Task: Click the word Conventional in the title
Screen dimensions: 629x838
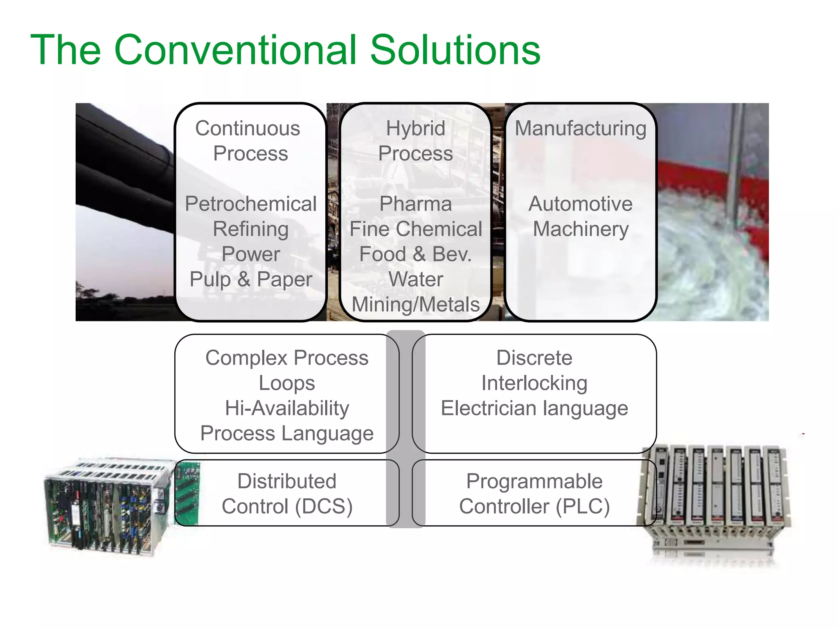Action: [x=235, y=50]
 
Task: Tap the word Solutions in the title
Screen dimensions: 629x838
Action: [x=455, y=50]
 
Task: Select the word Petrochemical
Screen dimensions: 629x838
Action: [x=250, y=204]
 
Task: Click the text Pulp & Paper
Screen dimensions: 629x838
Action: [x=250, y=280]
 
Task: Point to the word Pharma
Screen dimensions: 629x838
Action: [x=415, y=204]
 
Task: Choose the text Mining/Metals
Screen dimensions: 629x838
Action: [x=415, y=305]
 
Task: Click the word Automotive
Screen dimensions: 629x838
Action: [x=580, y=204]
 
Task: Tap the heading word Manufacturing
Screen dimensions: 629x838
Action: [x=580, y=129]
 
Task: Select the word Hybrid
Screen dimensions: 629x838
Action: [x=415, y=129]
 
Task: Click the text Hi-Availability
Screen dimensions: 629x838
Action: [x=287, y=409]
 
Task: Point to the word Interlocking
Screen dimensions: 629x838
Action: [x=534, y=383]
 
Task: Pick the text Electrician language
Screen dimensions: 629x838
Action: [x=534, y=409]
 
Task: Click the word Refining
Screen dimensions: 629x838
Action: [x=250, y=229]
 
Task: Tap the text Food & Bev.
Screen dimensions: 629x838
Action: [x=415, y=254]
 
